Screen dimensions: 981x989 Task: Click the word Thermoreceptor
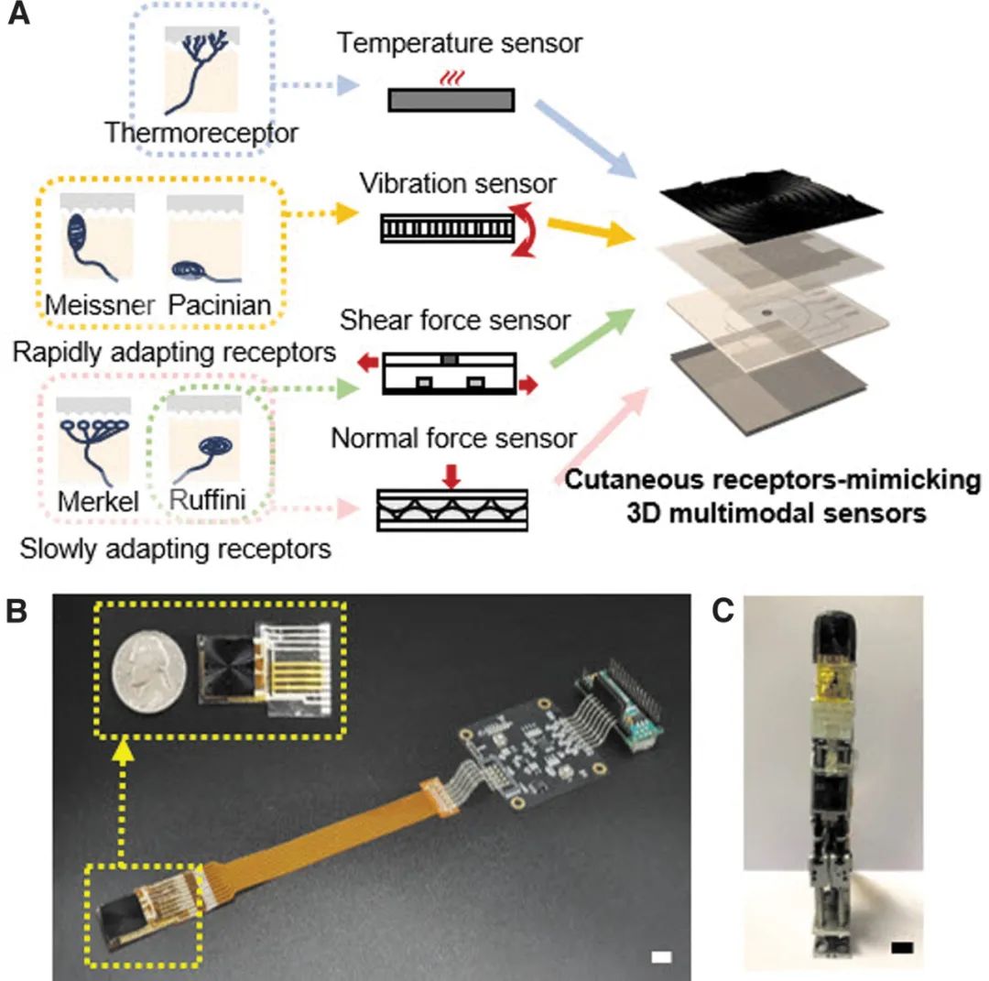tap(201, 133)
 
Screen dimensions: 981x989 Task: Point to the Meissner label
tap(98, 304)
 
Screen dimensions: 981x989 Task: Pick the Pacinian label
tap(220, 304)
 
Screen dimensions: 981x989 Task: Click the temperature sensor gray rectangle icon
tap(451, 99)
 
